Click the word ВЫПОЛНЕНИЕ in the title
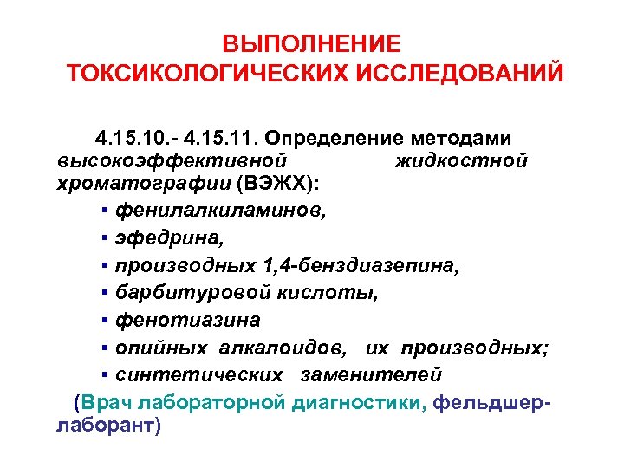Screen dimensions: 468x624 click(x=311, y=43)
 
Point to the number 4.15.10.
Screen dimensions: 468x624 click(x=129, y=139)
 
